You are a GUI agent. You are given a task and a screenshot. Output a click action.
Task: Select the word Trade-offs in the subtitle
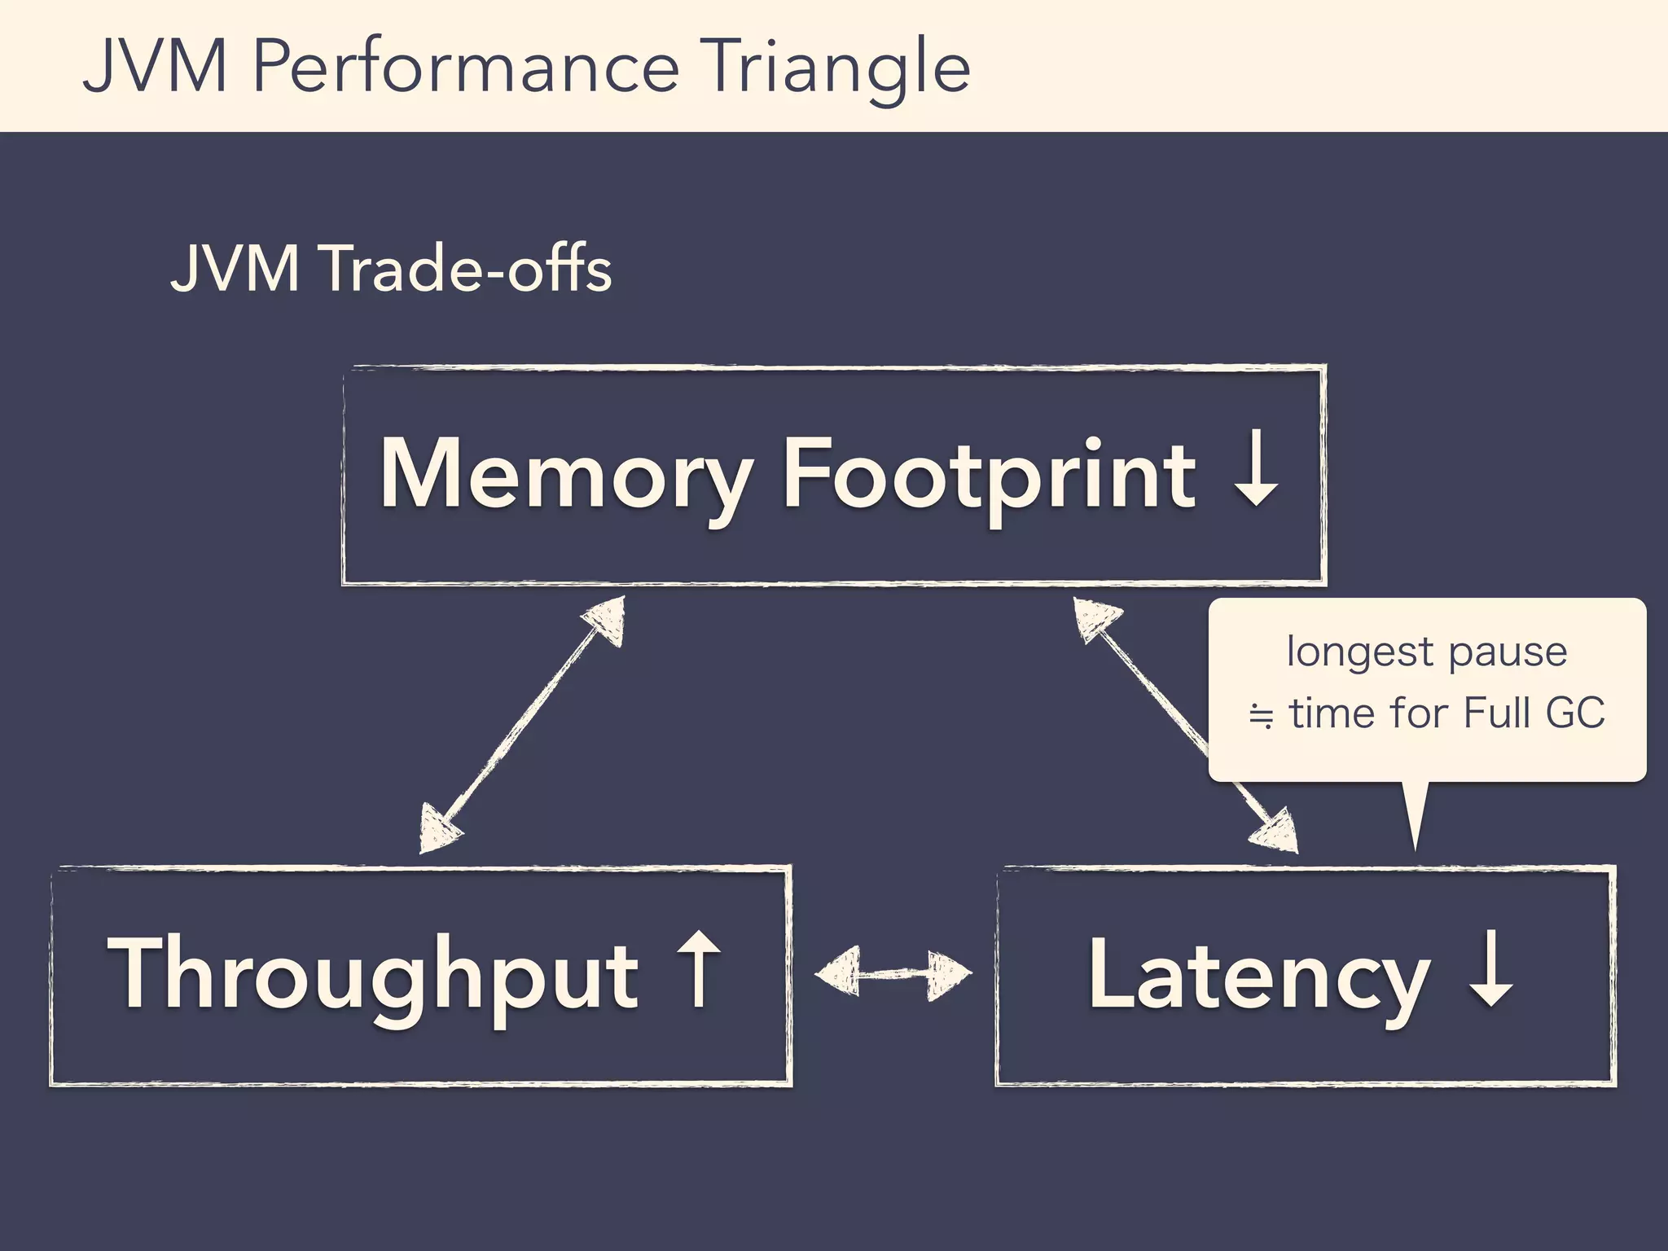click(467, 269)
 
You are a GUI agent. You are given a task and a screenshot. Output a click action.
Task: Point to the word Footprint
click(989, 475)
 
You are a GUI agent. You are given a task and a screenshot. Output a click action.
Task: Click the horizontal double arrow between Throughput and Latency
click(893, 972)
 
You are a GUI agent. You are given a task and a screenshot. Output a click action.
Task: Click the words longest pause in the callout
click(1426, 652)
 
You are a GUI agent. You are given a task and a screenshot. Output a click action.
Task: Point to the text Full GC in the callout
click(1534, 713)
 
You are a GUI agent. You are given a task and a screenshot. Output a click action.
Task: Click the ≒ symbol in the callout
click(1261, 716)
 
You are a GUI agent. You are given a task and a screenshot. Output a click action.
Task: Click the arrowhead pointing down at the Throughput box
click(438, 830)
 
